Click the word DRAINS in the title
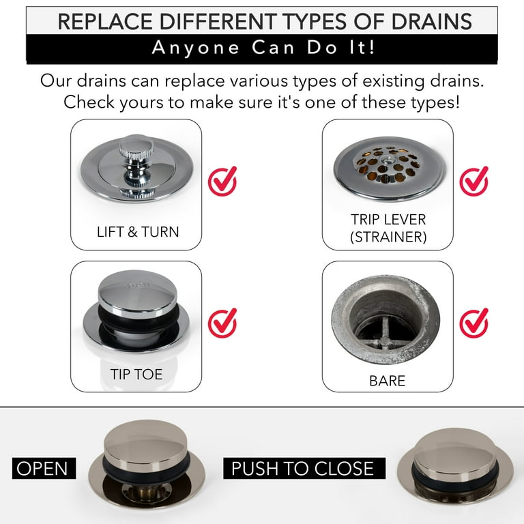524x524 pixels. click(x=431, y=22)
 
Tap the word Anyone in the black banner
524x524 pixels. click(x=196, y=48)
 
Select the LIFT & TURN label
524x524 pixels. click(x=138, y=232)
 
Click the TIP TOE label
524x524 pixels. click(x=136, y=375)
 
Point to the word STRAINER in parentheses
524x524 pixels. click(x=388, y=237)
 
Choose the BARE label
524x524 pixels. click(x=388, y=381)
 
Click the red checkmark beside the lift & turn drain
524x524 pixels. click(x=222, y=181)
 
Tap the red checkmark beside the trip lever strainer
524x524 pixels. click(x=474, y=181)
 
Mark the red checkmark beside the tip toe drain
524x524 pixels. click(x=222, y=323)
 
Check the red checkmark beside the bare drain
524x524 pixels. click(x=474, y=323)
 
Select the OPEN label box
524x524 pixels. click(x=44, y=468)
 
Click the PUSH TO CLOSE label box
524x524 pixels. click(x=304, y=468)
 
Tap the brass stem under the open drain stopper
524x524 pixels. click(x=147, y=491)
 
